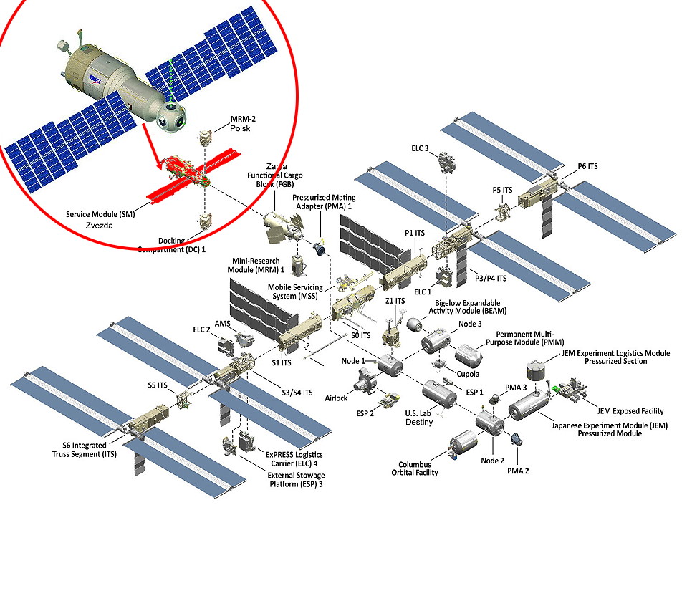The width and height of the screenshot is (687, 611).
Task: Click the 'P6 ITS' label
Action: click(x=587, y=167)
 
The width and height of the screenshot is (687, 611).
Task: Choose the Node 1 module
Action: click(x=390, y=365)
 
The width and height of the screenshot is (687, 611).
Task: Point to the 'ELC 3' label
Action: click(x=421, y=148)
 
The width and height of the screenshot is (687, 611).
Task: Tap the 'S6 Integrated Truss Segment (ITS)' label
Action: click(x=80, y=450)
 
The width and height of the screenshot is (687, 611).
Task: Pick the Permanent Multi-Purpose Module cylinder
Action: click(x=469, y=356)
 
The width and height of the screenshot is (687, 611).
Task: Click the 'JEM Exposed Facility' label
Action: click(x=630, y=411)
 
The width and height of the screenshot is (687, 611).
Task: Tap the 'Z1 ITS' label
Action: click(x=395, y=301)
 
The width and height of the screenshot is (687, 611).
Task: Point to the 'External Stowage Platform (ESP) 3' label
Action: click(x=295, y=480)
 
